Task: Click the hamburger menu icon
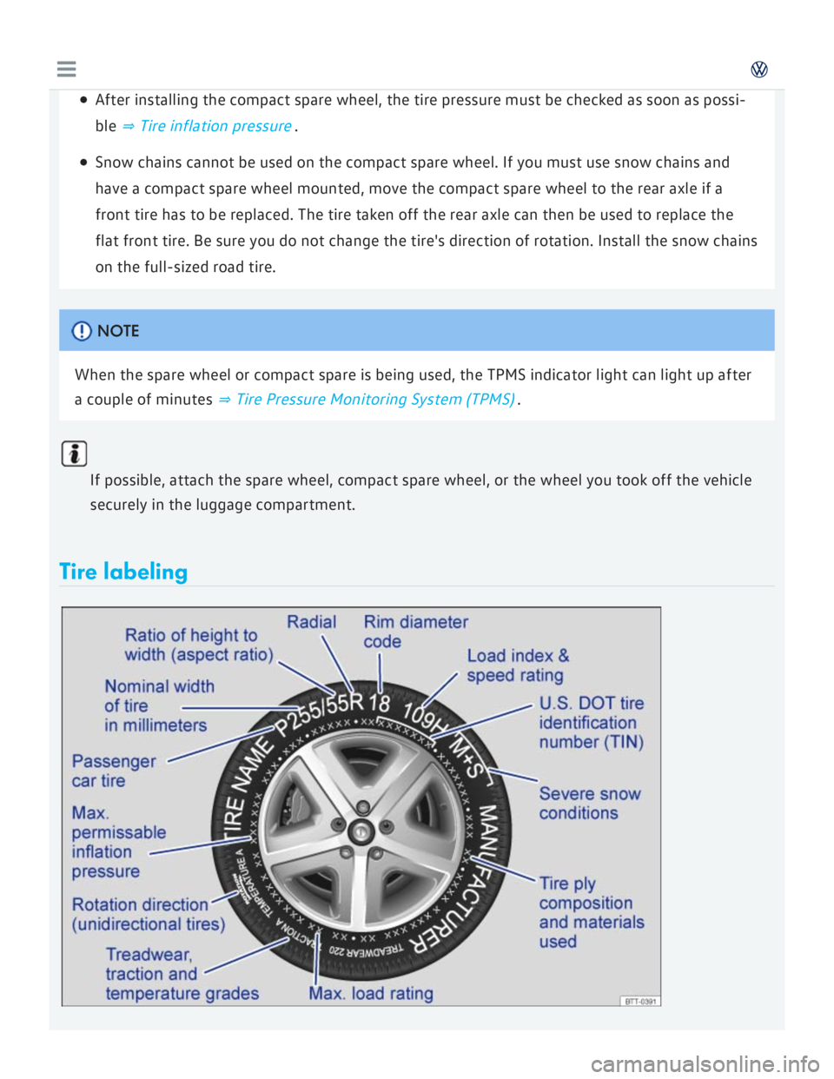pyautogui.click(x=66, y=70)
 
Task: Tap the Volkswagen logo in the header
pyautogui.click(x=759, y=70)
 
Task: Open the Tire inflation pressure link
pyautogui.click(x=215, y=126)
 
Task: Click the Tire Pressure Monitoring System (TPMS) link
pyautogui.click(x=374, y=400)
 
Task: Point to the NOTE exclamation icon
pyautogui.click(x=82, y=331)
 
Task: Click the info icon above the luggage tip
pyautogui.click(x=75, y=453)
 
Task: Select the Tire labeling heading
pyautogui.click(x=123, y=572)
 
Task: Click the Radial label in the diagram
pyautogui.click(x=311, y=622)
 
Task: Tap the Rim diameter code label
pyautogui.click(x=415, y=632)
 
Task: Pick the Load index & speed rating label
pyautogui.click(x=518, y=665)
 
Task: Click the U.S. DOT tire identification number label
pyautogui.click(x=591, y=723)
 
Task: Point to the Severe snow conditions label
pyautogui.click(x=589, y=804)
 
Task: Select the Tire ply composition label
pyautogui.click(x=591, y=912)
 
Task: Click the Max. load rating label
pyautogui.click(x=371, y=993)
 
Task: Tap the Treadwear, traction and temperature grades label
pyautogui.click(x=182, y=974)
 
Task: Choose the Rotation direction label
pyautogui.click(x=148, y=914)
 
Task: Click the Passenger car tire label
pyautogui.click(x=113, y=771)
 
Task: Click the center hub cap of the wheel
pyautogui.click(x=360, y=832)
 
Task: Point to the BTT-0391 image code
pyautogui.click(x=641, y=1001)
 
